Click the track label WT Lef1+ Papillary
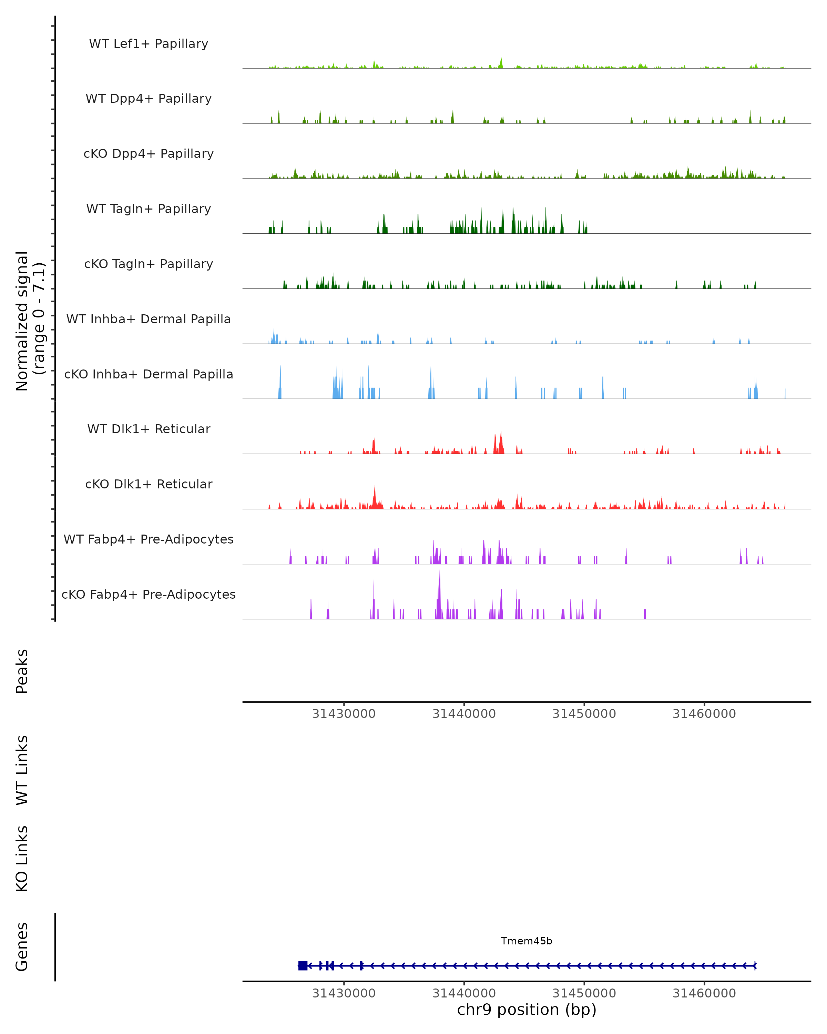[x=149, y=44]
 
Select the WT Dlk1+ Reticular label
[x=149, y=429]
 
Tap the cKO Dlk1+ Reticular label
[x=149, y=484]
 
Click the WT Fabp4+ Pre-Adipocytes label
[x=149, y=539]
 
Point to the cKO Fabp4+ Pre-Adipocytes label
[x=149, y=594]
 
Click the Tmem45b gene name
[x=527, y=941]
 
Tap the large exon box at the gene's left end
[x=303, y=966]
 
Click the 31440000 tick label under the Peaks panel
[x=464, y=714]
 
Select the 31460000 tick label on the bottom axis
[x=704, y=993]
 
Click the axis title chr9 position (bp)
[x=527, y=1010]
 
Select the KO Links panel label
[x=22, y=859]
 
